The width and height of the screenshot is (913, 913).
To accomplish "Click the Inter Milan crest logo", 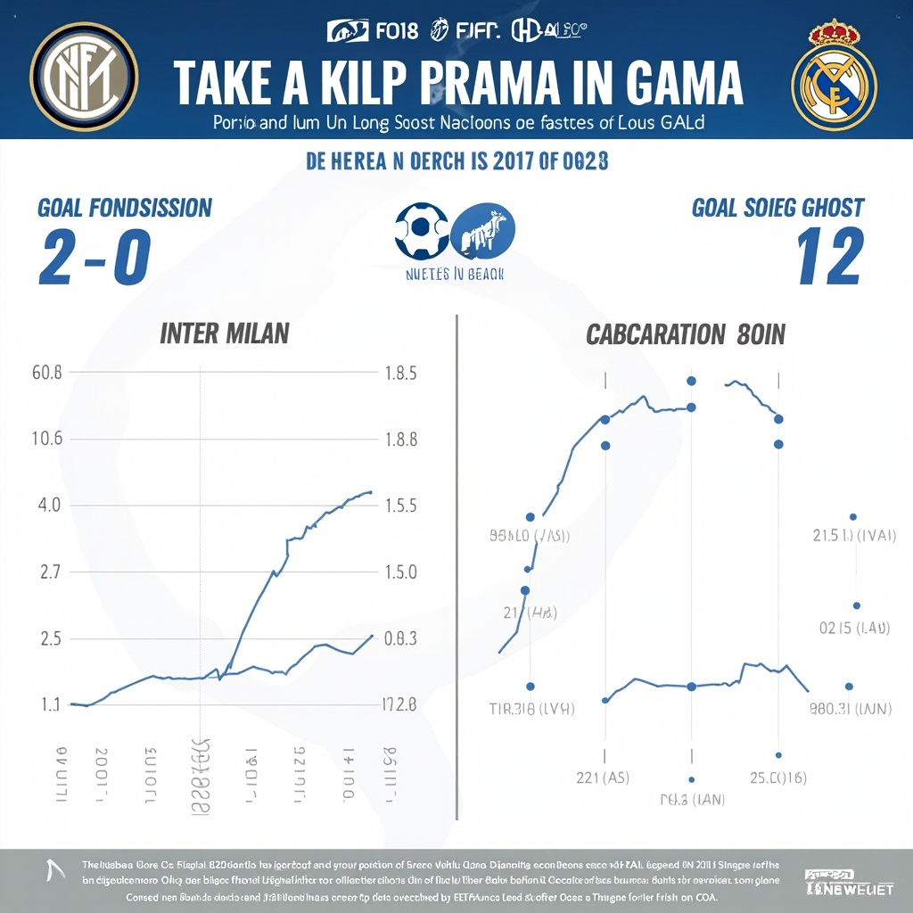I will point(84,72).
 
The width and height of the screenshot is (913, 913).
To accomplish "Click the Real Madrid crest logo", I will point(834,75).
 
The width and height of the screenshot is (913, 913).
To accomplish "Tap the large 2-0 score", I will point(94,257).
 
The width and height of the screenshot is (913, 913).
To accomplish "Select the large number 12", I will point(828,257).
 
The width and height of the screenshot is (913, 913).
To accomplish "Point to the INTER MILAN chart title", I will point(224,334).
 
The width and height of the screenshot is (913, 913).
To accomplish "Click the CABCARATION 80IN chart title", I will point(685,335).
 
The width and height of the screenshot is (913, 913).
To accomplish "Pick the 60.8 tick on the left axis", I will point(47,373).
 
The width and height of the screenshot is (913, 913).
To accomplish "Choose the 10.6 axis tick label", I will point(47,439).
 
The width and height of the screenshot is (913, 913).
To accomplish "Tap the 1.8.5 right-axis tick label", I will point(400,374).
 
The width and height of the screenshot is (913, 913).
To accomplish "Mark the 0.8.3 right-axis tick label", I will point(400,638).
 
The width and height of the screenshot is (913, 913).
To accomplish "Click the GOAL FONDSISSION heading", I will point(125,208).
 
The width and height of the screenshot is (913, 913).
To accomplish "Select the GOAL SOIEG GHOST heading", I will point(777,208).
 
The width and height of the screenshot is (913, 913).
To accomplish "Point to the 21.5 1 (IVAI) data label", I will point(854,536).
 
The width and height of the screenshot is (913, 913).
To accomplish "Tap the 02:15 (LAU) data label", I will point(854,628).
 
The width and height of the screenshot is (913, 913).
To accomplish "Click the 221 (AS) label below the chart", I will point(603,777).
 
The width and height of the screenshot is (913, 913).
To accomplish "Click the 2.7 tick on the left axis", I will point(50,572).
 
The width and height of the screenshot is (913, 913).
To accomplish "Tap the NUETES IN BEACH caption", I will point(456,274).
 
